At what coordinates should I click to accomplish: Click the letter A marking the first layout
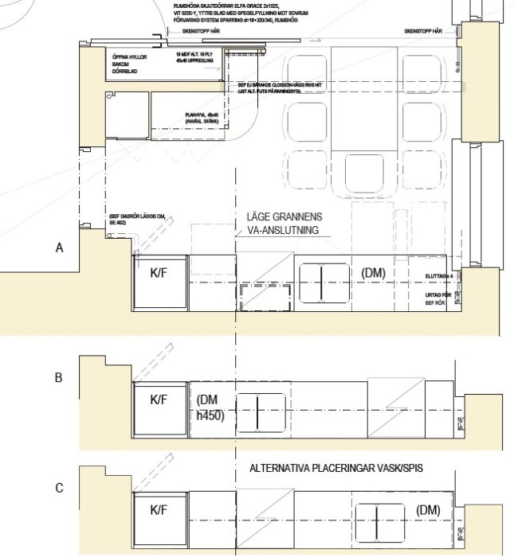pyautogui.click(x=59, y=248)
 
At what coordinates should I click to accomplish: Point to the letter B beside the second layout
pyautogui.click(x=59, y=378)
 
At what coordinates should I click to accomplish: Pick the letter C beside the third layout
pyautogui.click(x=59, y=488)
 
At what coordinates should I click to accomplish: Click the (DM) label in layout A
pyautogui.click(x=373, y=273)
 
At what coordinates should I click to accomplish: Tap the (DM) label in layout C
pyautogui.click(x=428, y=510)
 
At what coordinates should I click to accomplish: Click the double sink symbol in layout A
pyautogui.click(x=324, y=283)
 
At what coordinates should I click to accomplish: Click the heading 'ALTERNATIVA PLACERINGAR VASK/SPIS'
pyautogui.click(x=335, y=468)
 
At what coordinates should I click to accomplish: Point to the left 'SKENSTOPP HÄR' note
pyautogui.click(x=200, y=30)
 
